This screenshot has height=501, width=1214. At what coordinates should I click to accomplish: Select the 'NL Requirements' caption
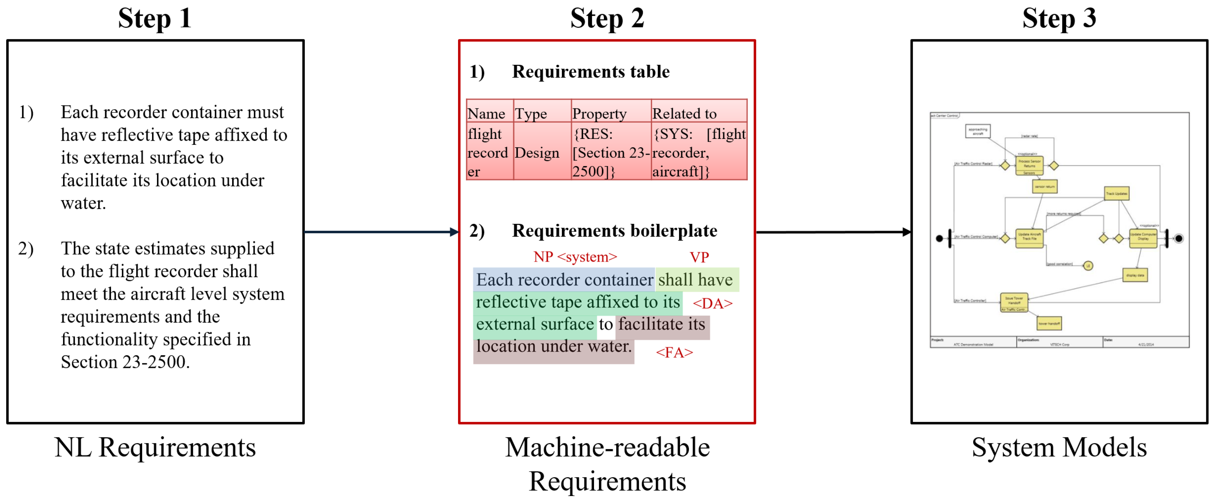coord(155,447)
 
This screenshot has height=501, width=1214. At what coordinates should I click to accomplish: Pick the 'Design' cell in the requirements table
coord(537,152)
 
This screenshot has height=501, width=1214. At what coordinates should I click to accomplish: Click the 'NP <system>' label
coord(575,257)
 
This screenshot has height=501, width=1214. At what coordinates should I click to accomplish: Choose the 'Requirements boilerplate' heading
coord(614,231)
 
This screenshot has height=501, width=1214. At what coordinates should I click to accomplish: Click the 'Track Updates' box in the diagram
coord(1116,193)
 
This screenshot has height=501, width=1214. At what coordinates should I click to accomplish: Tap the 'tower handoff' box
coord(1049,323)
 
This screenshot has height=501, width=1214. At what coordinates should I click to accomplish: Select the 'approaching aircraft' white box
coord(978,131)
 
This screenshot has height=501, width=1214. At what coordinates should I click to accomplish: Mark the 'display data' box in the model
coord(1135,275)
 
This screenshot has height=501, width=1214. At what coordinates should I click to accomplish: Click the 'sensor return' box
coord(1044,186)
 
